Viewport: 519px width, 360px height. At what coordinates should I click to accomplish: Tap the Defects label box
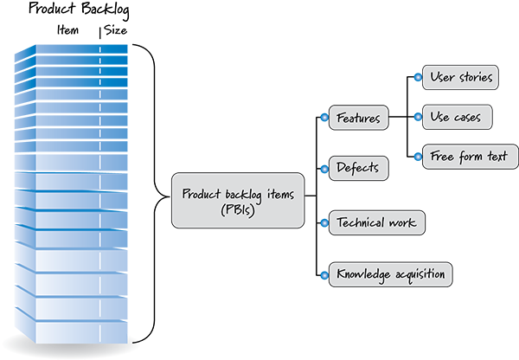coord(358,168)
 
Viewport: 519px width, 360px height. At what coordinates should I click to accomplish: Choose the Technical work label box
coord(377,222)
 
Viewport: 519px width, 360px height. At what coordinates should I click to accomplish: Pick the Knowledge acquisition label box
coord(391,275)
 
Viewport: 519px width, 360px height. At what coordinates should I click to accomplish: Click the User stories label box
coord(461,77)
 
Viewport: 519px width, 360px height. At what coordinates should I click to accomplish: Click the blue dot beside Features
coord(324,118)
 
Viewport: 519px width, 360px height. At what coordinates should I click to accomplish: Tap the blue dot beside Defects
coord(324,168)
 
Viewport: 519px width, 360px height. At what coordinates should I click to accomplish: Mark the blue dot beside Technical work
coord(324,222)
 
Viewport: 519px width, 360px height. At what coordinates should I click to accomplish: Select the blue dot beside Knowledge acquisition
coord(324,275)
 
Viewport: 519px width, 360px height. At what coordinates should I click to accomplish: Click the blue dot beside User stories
coord(419,77)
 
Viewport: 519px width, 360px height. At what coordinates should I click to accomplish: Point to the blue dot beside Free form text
coord(419,157)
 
